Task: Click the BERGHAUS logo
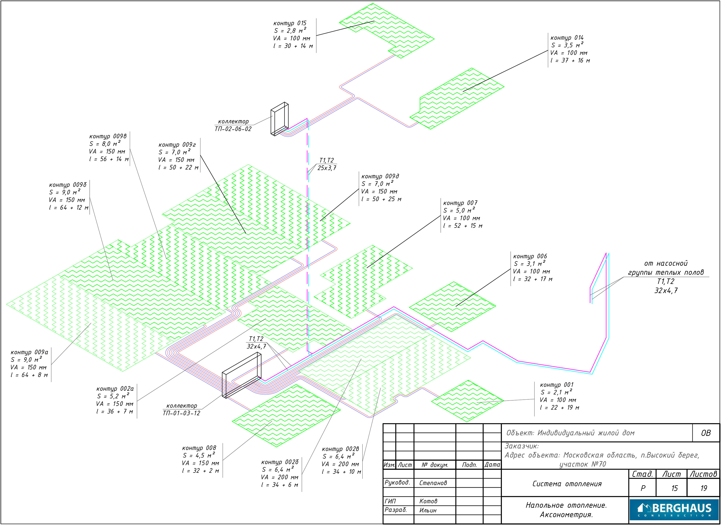[x=674, y=510]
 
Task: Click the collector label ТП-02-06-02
[x=233, y=129]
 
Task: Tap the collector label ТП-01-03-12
[x=181, y=413]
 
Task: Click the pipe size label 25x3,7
[x=327, y=168]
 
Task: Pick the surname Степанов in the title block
[x=433, y=483]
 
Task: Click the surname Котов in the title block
[x=428, y=501]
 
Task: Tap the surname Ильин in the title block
[x=428, y=510]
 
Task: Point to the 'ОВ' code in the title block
[x=706, y=433]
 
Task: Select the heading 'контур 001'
[x=556, y=385]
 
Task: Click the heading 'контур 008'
[x=199, y=448]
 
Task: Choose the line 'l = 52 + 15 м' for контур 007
[x=463, y=226]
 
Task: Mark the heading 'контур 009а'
[x=29, y=352]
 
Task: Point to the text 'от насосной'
[x=666, y=263]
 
